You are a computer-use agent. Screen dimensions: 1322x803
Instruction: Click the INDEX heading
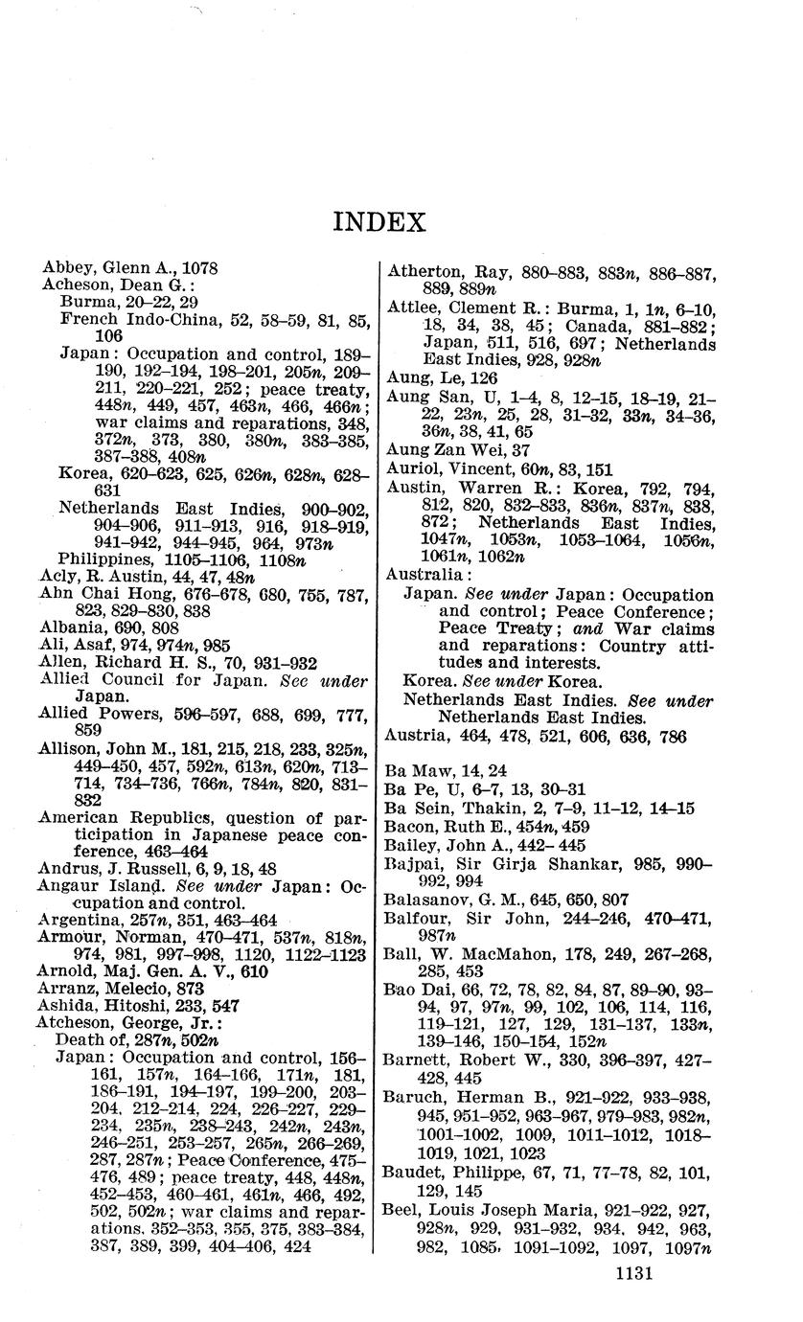[379, 223]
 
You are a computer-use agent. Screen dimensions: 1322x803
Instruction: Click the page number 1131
[631, 1273]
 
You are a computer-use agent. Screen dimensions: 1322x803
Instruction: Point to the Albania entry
[67, 627]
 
